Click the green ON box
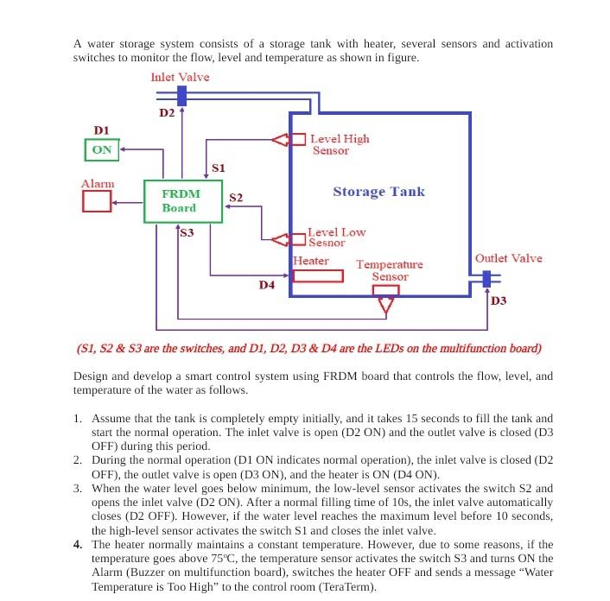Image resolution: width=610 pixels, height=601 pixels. point(101,149)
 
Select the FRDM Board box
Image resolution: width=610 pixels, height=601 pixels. point(179,201)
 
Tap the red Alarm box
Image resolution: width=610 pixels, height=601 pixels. point(96,201)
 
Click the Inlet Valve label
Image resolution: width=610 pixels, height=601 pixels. point(180,77)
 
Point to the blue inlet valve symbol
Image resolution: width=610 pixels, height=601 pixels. point(181,95)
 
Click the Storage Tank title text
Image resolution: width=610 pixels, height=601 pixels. point(378,191)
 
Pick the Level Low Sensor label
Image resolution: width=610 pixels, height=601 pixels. point(336,237)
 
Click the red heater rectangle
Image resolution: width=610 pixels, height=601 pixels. point(317,275)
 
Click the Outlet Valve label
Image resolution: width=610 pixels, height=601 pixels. point(509,258)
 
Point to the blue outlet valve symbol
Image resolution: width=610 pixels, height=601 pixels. point(486,279)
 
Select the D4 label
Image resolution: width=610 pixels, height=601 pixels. point(267,284)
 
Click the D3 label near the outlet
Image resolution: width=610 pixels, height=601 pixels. point(499,300)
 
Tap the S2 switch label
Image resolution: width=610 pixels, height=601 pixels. point(236,198)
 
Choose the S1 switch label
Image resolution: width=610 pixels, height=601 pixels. point(218,168)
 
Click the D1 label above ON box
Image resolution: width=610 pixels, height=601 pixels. point(101,130)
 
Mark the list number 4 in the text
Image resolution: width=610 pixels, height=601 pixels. point(78,544)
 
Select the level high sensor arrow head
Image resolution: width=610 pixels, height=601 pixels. point(280,139)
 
